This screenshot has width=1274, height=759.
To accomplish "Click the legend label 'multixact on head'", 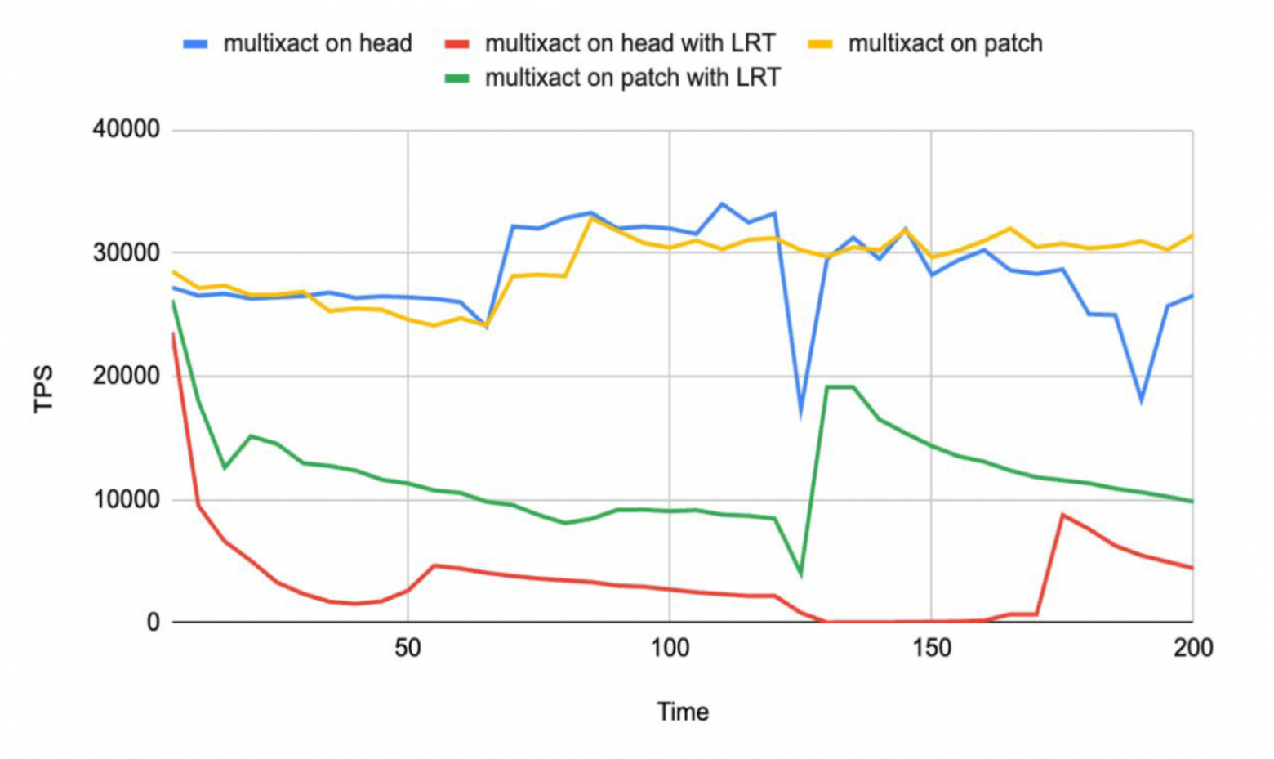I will pyautogui.click(x=318, y=43).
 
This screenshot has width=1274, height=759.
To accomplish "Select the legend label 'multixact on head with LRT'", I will pyautogui.click(x=630, y=43).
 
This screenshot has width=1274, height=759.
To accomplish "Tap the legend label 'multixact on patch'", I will pyautogui.click(x=945, y=43).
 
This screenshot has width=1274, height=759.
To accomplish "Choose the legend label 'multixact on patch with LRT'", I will pyautogui.click(x=633, y=78).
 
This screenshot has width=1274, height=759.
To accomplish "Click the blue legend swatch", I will pyautogui.click(x=196, y=44).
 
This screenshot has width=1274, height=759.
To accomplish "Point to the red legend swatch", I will pyautogui.click(x=457, y=44).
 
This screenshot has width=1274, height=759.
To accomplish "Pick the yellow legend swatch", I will pyautogui.click(x=820, y=44).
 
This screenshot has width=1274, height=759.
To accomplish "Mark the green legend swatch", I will pyautogui.click(x=457, y=78).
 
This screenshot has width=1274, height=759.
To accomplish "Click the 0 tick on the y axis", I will pyautogui.click(x=153, y=623).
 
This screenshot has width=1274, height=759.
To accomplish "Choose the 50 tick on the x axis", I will pyautogui.click(x=408, y=649).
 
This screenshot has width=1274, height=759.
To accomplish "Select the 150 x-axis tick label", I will pyautogui.click(x=931, y=649).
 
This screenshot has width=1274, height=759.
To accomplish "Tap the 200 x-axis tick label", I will pyautogui.click(x=1193, y=649).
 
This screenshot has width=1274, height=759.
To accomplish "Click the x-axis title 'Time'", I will pyautogui.click(x=683, y=712).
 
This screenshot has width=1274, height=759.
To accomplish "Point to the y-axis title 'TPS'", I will pyautogui.click(x=43, y=389).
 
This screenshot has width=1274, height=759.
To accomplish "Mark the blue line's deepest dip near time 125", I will pyautogui.click(x=800, y=413).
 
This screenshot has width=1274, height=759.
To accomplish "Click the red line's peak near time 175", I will pyautogui.click(x=1062, y=515).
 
